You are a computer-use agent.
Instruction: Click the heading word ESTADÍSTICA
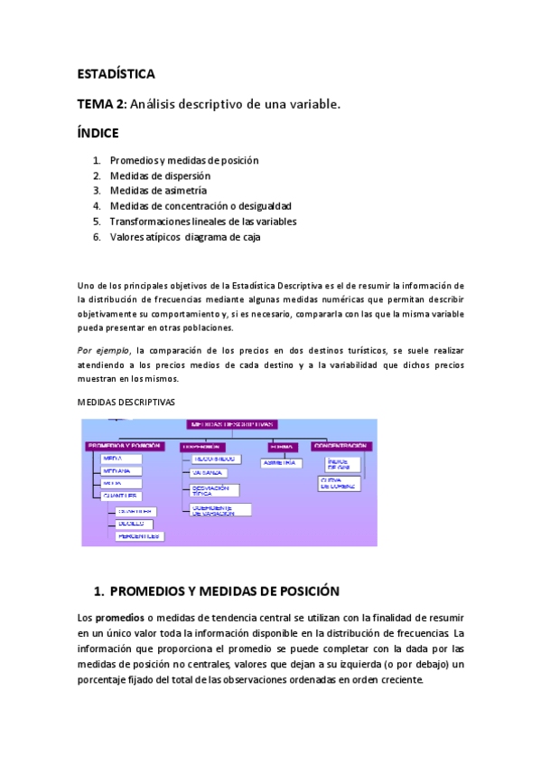pos(116,74)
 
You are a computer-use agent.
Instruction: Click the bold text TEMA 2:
pos(101,105)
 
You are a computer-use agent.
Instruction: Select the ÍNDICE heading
pos(98,133)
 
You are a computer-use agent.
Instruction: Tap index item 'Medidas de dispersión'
pos(160,175)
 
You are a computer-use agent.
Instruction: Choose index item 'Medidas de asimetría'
pos(158,191)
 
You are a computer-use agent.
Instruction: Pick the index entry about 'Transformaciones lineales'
pos(202,222)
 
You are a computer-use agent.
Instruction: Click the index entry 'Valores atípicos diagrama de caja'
pos(186,237)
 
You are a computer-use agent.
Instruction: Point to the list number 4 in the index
pos(96,206)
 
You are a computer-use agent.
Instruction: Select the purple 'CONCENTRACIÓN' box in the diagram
pos(340,446)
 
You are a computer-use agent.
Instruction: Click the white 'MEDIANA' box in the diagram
pos(117,471)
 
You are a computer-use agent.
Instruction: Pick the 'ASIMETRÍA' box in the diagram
pos(280,463)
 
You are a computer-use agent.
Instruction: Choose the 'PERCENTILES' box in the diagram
pos(139,535)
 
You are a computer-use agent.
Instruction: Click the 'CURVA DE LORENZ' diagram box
pos(340,484)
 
